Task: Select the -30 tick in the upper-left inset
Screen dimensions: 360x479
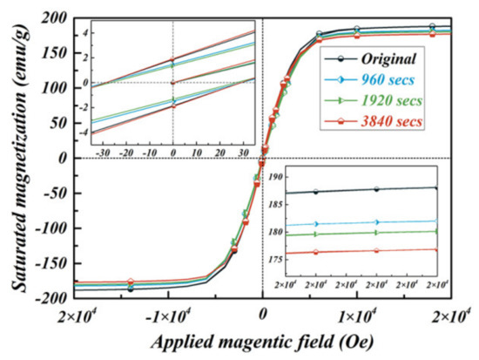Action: coord(104,150)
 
